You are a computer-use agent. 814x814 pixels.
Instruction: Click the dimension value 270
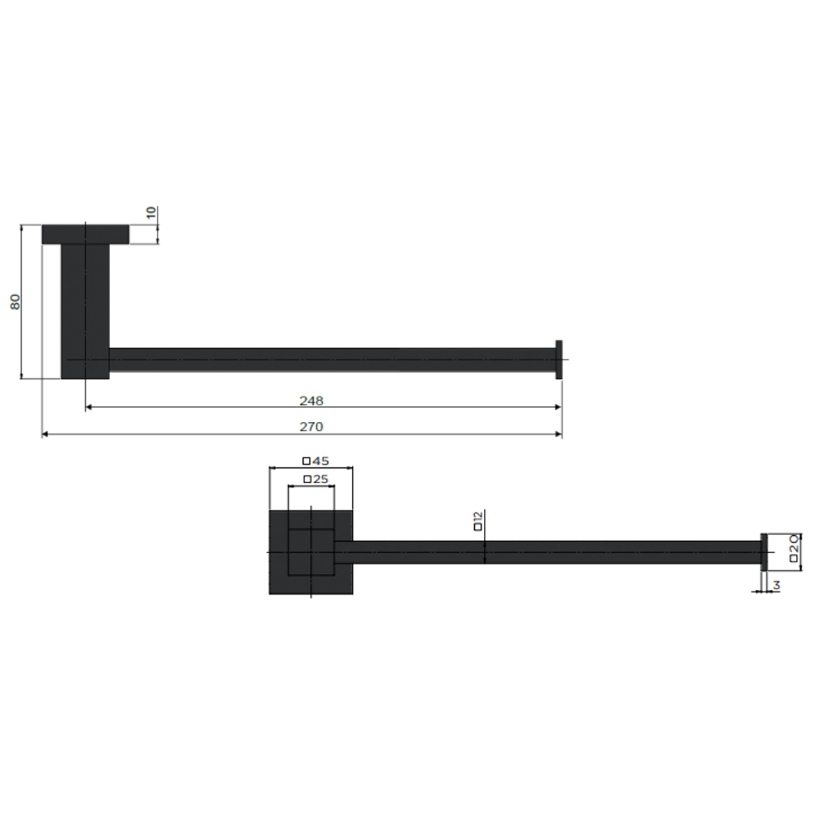(x=311, y=427)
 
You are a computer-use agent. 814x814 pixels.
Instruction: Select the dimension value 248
(x=311, y=400)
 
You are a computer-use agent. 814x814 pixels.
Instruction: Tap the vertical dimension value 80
(x=15, y=301)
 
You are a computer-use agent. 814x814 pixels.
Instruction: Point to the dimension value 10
(x=152, y=213)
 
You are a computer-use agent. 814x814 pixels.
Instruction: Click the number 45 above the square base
(x=320, y=461)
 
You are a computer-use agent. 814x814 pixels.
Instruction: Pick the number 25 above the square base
(x=320, y=479)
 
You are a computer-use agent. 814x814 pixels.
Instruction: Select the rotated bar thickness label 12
(x=478, y=520)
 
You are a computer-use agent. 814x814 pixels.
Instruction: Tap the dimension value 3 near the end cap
(x=776, y=584)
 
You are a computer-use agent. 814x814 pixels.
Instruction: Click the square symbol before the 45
(x=306, y=461)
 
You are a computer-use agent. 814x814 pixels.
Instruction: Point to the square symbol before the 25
(x=307, y=479)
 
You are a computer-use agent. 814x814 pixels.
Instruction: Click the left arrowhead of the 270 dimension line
(x=45, y=434)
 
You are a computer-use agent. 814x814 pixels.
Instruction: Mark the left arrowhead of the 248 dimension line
(x=89, y=407)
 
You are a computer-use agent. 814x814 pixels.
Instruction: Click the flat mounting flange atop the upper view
(x=85, y=234)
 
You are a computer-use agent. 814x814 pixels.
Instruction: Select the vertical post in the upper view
(x=85, y=309)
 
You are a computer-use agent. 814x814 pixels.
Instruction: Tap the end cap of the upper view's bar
(x=558, y=360)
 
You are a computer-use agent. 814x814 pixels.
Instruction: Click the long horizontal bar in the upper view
(x=332, y=360)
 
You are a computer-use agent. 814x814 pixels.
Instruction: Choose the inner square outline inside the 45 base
(x=311, y=552)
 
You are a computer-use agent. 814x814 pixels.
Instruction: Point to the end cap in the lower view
(x=763, y=552)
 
